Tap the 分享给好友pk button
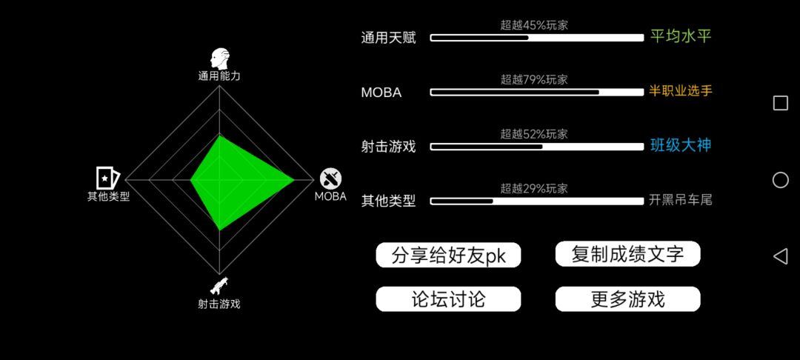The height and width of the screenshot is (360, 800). (x=448, y=255)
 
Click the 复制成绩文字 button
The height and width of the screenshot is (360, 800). (x=627, y=254)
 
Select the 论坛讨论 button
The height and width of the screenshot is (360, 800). (x=448, y=299)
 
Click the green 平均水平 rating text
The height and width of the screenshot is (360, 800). (x=681, y=36)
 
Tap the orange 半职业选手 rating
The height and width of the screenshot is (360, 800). (x=680, y=91)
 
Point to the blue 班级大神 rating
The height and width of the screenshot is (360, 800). (x=681, y=145)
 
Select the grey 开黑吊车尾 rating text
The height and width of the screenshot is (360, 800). (x=680, y=200)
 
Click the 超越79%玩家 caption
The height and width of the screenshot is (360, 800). (x=533, y=79)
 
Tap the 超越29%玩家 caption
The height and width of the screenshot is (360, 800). (x=533, y=189)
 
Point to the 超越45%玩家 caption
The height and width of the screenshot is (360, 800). (x=533, y=24)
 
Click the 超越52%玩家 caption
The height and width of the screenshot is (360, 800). (x=533, y=134)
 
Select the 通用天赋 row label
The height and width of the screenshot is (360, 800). (x=388, y=38)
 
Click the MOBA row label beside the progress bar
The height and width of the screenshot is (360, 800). (x=381, y=93)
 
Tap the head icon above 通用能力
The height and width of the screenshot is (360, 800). (x=220, y=60)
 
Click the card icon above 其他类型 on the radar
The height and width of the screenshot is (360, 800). (x=107, y=178)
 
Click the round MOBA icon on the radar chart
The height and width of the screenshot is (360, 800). (x=330, y=179)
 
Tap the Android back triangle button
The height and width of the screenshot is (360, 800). (x=780, y=256)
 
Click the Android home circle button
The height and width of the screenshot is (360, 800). (x=781, y=180)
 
